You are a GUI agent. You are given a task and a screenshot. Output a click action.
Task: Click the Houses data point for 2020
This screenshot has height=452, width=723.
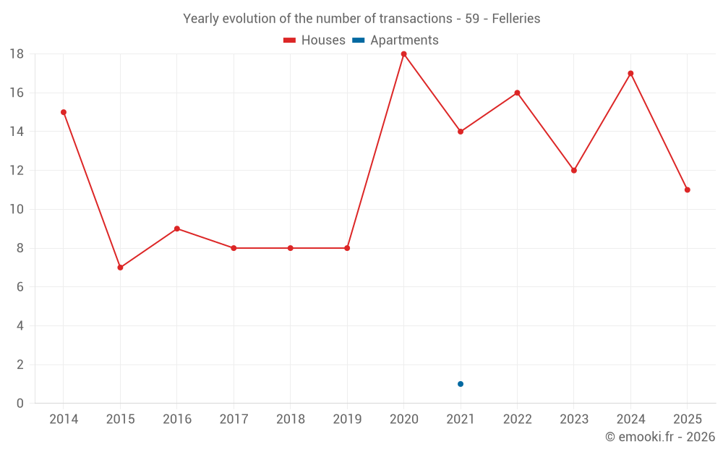(x=403, y=54)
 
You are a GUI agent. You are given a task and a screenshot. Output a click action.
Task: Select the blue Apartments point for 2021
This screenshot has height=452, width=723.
(x=461, y=384)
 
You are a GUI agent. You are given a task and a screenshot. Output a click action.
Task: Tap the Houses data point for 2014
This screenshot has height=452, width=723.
(x=64, y=112)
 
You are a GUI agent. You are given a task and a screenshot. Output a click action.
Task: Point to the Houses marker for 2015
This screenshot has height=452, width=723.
(x=120, y=268)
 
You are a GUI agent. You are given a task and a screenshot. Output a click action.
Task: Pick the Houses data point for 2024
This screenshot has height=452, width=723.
(x=630, y=73)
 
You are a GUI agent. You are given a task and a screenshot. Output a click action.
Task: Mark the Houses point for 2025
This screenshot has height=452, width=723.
(x=688, y=189)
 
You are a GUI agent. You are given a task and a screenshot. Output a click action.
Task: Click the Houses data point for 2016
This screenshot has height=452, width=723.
(x=177, y=229)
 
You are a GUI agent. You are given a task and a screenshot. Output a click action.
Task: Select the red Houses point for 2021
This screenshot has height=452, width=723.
(x=461, y=132)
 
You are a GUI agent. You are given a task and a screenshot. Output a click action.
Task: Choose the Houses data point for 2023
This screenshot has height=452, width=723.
(x=574, y=171)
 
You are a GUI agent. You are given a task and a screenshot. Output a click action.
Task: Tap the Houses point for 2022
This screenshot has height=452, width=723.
(x=517, y=93)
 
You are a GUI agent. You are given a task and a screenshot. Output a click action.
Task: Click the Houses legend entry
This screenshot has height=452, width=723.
(x=315, y=40)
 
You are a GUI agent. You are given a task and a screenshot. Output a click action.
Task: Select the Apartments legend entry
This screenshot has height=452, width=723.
(x=395, y=40)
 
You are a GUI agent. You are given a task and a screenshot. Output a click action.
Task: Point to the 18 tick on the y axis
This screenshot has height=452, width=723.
(x=17, y=54)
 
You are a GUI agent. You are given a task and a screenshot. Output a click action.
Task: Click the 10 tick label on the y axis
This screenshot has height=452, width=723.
(x=17, y=210)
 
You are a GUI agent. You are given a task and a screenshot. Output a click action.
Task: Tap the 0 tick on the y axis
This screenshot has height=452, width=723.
(x=20, y=404)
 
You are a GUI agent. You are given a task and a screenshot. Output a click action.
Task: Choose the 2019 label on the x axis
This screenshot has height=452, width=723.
(x=347, y=419)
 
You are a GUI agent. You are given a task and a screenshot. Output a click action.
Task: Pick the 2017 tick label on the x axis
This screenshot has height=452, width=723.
(x=234, y=419)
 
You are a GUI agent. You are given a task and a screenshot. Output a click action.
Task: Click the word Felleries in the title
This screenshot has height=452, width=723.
(x=516, y=19)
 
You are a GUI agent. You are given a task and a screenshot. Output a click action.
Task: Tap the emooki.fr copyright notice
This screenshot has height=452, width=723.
(x=660, y=437)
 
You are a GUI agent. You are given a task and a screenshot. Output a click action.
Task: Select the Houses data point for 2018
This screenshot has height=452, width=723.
(x=291, y=248)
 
